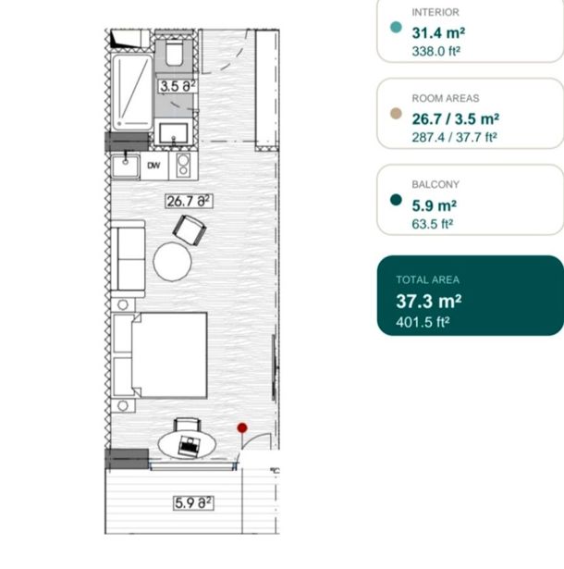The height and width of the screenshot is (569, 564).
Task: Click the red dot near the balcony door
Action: (x=242, y=427)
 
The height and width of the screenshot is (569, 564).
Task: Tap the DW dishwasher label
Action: (x=153, y=166)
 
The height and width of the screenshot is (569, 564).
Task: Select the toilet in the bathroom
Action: (x=174, y=53)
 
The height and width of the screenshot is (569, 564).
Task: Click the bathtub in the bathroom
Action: (x=132, y=93)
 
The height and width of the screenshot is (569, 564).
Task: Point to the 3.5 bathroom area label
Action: (x=178, y=86)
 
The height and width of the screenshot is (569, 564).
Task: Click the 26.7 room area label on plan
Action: (x=189, y=201)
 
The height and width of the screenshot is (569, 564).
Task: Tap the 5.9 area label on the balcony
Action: (x=193, y=503)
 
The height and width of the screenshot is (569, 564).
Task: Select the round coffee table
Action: (x=172, y=262)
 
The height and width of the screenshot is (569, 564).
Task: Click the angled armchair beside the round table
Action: (x=190, y=230)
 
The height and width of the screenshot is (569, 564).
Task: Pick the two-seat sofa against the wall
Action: (x=128, y=259)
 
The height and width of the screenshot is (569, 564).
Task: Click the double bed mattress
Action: (x=170, y=355)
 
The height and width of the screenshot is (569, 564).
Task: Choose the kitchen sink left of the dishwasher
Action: (x=125, y=167)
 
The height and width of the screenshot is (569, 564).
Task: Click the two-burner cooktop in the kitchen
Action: (x=183, y=165)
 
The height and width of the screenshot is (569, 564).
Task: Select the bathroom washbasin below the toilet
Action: (x=174, y=133)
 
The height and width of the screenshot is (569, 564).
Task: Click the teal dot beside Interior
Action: (x=396, y=27)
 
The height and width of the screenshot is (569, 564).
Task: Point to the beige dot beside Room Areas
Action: (x=396, y=113)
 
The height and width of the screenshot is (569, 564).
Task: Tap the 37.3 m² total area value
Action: (x=429, y=302)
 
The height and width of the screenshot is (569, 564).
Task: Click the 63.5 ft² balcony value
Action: (x=433, y=224)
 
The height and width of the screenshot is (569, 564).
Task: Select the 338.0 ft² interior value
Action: (x=436, y=51)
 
